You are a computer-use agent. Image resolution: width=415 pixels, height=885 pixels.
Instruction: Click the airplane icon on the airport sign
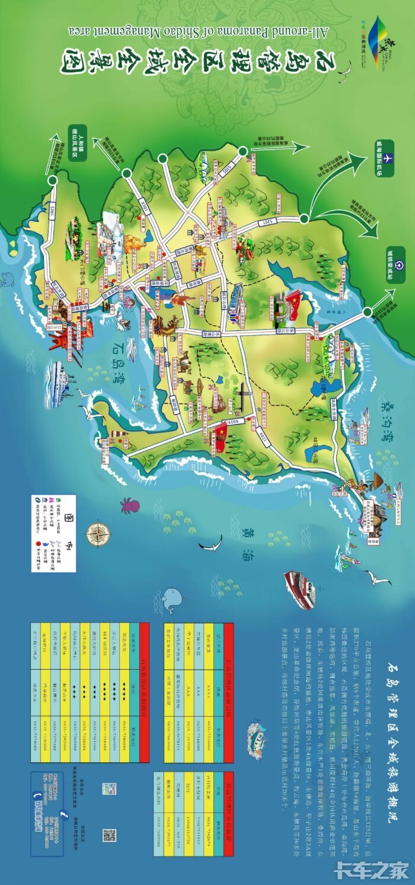coord(388,159)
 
